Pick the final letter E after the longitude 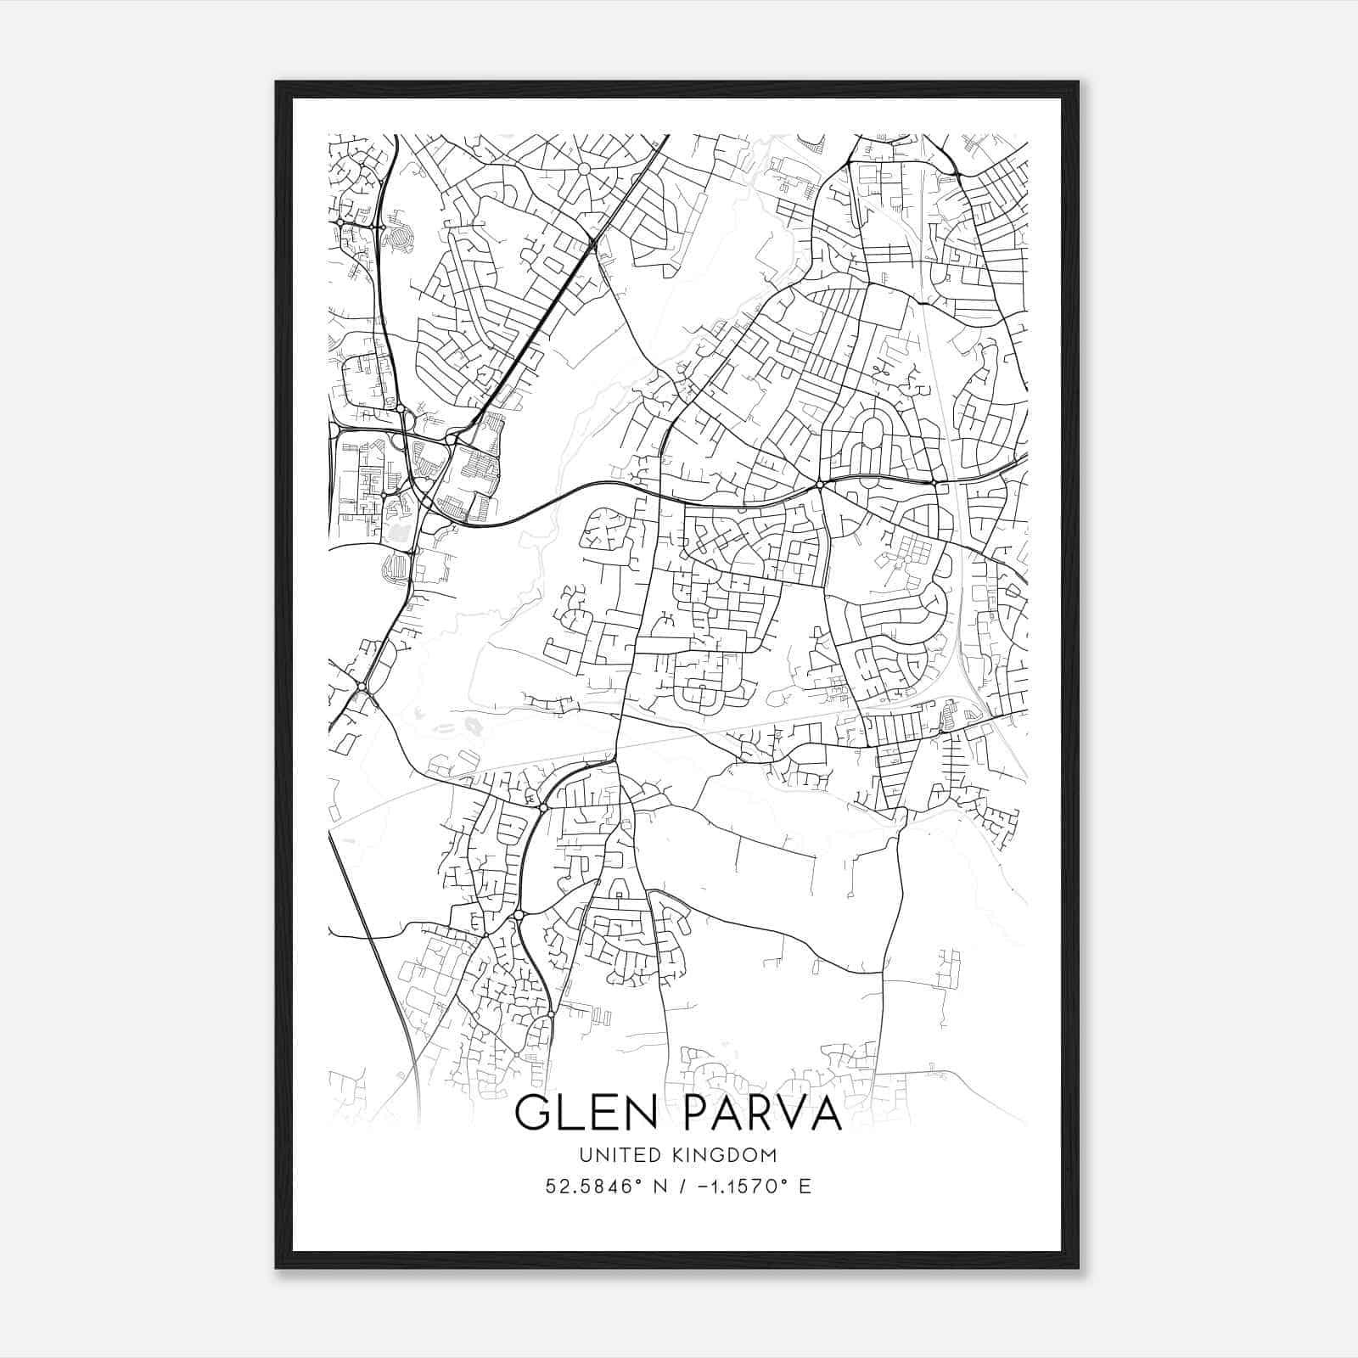805,1187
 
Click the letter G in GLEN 532,1114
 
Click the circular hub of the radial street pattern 583,169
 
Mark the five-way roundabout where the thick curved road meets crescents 820,485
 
